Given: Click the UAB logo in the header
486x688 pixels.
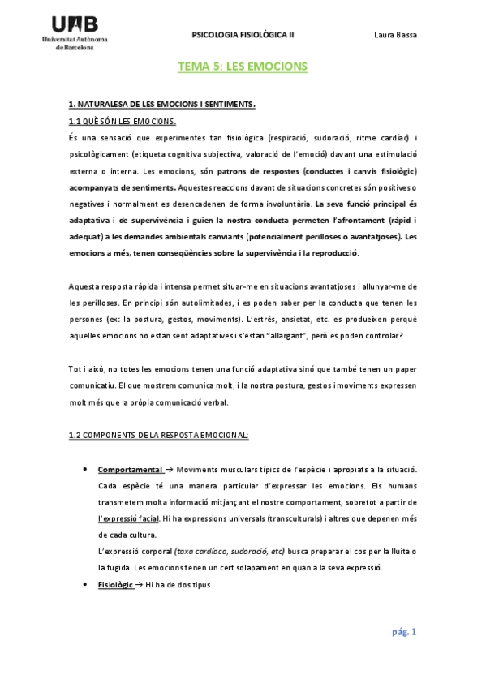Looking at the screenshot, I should click(80, 32).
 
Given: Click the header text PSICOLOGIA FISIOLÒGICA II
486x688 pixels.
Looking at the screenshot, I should click(243, 35).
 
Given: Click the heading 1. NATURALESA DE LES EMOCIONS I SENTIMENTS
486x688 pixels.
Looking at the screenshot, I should click(162, 105).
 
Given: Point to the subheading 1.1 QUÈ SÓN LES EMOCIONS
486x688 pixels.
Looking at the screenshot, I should click(123, 121).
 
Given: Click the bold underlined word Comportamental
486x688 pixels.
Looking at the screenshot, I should click(131, 470).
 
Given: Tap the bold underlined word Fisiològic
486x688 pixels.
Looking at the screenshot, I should click(115, 584).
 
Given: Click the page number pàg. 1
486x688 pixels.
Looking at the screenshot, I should click(402, 632).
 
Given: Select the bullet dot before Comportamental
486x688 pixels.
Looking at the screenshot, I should click(85, 470).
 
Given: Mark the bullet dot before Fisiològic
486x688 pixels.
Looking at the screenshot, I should click(85, 584).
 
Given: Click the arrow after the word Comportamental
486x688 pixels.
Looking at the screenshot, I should click(170, 470).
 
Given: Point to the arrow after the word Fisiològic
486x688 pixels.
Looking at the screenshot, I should click(140, 584).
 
